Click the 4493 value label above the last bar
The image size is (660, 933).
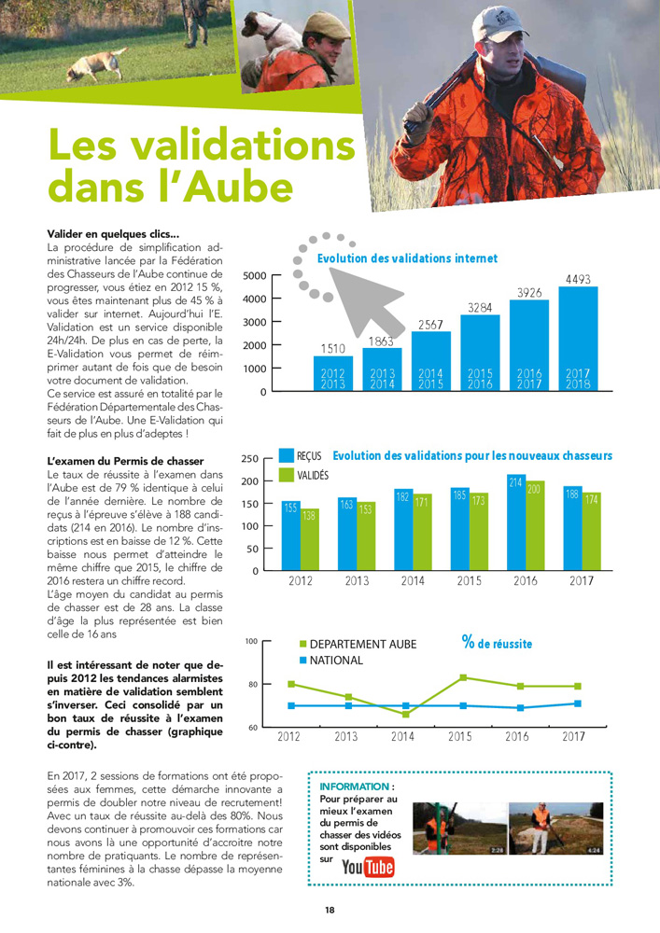point(577,278)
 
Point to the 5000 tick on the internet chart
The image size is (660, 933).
point(254,275)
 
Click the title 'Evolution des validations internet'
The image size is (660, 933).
point(407,258)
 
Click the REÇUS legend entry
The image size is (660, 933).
point(308,456)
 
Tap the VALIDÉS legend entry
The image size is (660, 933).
point(312,476)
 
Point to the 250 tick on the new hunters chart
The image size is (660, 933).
point(250,459)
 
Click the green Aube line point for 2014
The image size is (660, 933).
point(404,714)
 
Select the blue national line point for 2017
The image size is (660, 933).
point(577,703)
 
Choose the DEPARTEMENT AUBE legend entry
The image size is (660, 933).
point(362,644)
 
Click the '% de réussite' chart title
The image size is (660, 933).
point(497,643)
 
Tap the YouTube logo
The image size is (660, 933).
point(368,868)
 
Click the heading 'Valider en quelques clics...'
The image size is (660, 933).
point(113,233)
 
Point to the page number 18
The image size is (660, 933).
point(330,910)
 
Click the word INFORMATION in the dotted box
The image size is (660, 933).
point(355,787)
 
